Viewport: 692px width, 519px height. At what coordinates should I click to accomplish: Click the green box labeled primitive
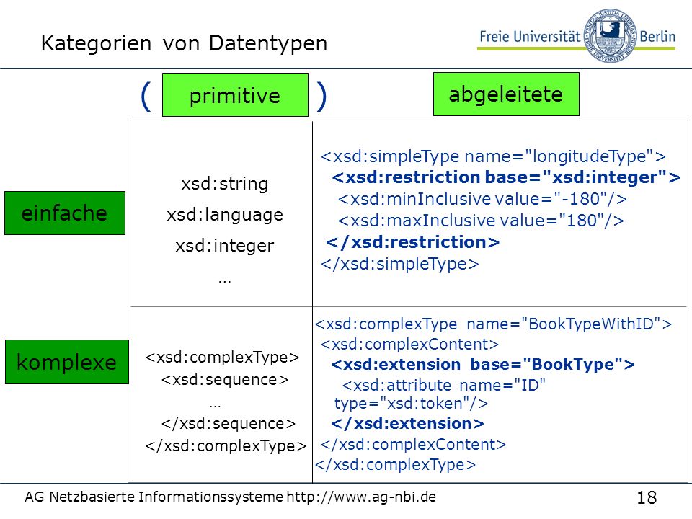pos(235,95)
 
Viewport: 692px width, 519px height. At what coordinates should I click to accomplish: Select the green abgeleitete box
pos(506,94)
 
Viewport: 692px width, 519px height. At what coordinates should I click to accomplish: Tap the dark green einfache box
pos(65,213)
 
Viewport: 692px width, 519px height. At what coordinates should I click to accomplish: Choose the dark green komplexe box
pos(67,362)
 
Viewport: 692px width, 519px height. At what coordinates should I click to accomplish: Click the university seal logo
pos(611,35)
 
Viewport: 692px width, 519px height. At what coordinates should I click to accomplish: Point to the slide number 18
pos(647,497)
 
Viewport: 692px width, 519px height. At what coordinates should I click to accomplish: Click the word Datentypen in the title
pos(268,44)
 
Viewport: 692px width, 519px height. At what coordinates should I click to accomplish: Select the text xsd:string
pos(225,184)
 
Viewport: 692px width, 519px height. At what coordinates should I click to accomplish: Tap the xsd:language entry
pos(225,215)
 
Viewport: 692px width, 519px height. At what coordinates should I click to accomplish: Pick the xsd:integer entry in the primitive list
pos(225,246)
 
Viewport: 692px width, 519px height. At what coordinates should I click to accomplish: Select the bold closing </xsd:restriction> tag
pos(412,242)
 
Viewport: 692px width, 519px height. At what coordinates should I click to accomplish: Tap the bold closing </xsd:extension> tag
pos(407,423)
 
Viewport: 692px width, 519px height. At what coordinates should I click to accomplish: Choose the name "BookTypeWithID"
pos(591,324)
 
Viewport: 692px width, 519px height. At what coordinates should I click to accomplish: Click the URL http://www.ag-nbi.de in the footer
pos(361,497)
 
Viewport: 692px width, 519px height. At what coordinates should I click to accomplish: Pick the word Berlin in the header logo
pos(657,36)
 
